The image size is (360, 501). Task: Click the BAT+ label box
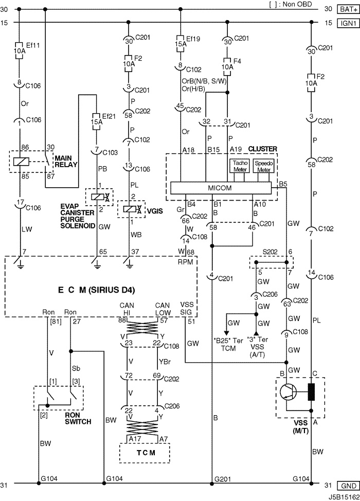[348, 9]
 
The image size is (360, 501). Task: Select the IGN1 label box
[348, 23]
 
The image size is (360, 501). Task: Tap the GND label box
[348, 486]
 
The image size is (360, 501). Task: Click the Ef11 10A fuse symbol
[19, 50]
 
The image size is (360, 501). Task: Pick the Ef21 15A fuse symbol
[96, 121]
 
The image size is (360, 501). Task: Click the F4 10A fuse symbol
[227, 66]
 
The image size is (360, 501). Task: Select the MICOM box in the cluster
[221, 188]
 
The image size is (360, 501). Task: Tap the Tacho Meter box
[240, 166]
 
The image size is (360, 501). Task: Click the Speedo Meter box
[264, 166]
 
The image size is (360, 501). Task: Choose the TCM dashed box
[145, 453]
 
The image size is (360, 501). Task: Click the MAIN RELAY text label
[66, 162]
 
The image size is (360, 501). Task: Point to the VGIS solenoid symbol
[131, 209]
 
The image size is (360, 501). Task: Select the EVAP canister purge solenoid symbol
[99, 197]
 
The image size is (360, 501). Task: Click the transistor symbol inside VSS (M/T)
[289, 392]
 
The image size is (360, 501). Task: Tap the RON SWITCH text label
[78, 418]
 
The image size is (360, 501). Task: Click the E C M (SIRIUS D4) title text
[97, 290]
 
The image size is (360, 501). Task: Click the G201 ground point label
[222, 479]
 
